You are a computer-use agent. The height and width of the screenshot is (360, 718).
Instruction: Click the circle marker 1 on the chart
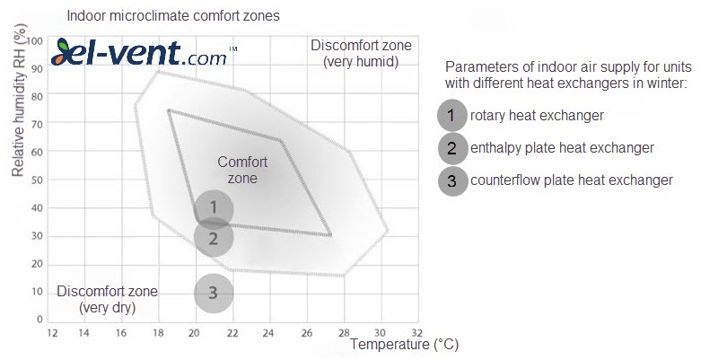point(214,208)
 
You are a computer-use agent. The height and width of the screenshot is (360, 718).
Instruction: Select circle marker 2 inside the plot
point(214,238)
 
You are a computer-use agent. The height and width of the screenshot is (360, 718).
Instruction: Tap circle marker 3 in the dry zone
point(214,294)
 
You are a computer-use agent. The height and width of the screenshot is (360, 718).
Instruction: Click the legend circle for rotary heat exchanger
point(452,116)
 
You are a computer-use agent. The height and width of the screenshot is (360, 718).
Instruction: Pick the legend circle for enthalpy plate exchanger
point(452,148)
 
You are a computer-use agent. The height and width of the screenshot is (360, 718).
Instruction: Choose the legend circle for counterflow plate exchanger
point(452,181)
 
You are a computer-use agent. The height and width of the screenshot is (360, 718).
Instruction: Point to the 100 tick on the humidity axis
point(34,41)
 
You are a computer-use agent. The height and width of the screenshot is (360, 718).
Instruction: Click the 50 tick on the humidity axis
point(37,180)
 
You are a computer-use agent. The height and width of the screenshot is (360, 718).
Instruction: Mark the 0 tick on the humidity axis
point(39,320)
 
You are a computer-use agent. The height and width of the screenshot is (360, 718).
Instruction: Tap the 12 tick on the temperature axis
point(53,332)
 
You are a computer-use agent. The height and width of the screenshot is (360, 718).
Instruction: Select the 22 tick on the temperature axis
point(232,332)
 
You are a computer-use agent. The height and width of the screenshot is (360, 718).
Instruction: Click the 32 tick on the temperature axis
point(416,332)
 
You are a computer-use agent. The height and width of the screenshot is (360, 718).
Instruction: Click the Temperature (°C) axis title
point(405,345)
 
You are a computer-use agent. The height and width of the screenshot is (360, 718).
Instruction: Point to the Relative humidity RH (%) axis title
point(18,100)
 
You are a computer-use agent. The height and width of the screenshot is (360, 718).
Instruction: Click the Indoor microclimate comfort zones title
point(173,16)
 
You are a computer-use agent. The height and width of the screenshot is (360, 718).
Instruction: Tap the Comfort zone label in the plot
point(242,170)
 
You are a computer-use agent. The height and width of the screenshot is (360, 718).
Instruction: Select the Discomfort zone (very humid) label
point(362,53)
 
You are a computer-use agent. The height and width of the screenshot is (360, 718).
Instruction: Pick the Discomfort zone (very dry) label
point(107,299)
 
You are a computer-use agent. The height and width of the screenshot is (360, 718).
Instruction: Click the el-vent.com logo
point(144,53)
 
